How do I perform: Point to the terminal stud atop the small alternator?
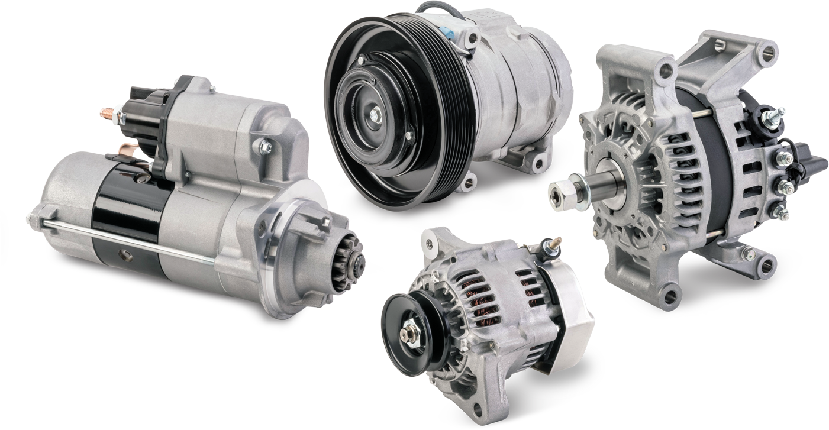click(x=555, y=243)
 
